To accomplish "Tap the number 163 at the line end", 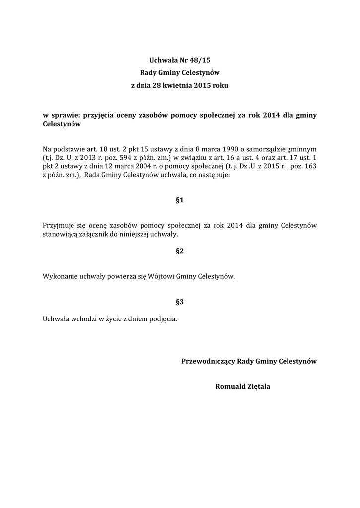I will click(310, 167).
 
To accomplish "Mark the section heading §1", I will click(180, 200).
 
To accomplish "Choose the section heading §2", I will click(180, 251).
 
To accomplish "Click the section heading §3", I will click(180, 302).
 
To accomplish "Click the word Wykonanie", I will click(60, 277).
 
